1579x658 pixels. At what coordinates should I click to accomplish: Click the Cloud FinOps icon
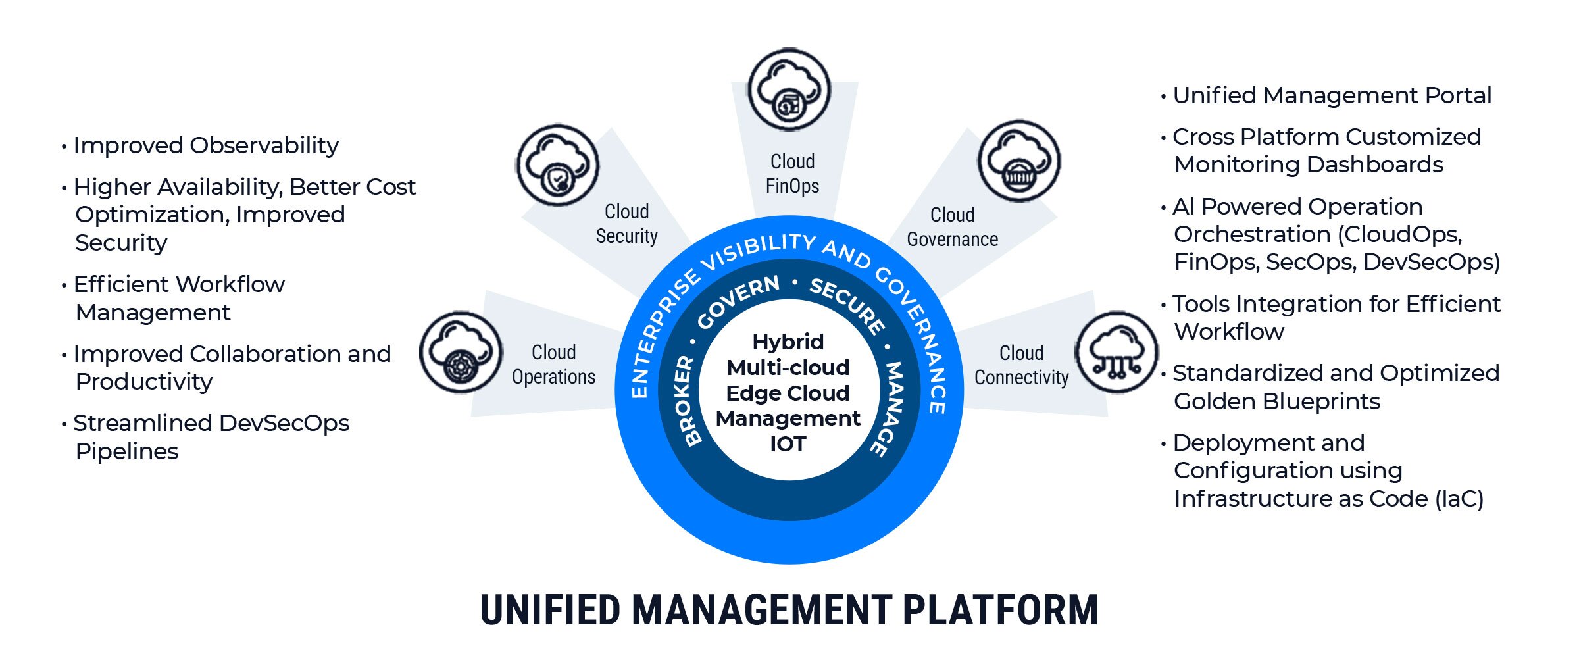coord(789,89)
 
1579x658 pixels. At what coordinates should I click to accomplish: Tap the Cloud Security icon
coord(558,166)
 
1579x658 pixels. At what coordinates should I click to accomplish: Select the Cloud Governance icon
coord(1019,161)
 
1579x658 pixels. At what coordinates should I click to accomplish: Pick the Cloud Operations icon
coord(461,353)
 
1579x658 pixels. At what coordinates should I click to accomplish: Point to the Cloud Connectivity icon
coord(1116,353)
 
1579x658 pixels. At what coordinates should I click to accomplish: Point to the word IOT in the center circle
coord(788,444)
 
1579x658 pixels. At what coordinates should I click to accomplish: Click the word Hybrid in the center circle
coord(788,342)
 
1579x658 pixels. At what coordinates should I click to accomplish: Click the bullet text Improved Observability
coord(206,145)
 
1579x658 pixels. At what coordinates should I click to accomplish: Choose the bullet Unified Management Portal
coord(1332,95)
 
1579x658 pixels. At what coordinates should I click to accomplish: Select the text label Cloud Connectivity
coord(1021,365)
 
